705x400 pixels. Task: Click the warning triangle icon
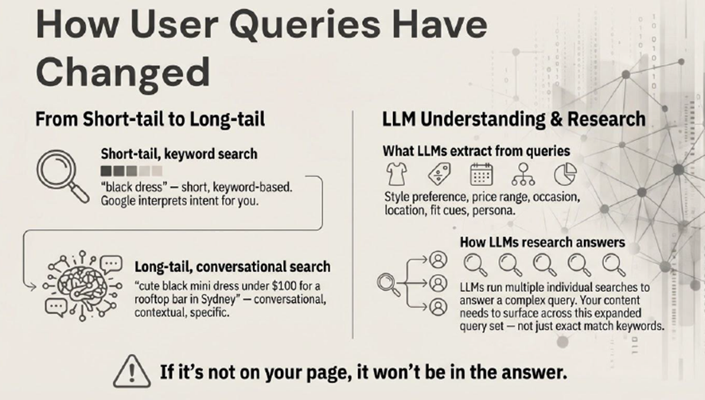132,371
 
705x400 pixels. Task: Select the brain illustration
82,285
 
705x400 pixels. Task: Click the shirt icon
396,174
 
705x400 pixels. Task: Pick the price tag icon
439,174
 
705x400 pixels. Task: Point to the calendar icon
481,174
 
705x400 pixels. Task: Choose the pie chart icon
565,174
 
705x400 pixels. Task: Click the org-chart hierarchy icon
523,174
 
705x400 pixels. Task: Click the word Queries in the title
305,25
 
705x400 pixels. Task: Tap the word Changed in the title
123,72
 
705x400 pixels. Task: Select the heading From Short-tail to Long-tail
150,119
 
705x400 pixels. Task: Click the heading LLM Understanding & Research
514,119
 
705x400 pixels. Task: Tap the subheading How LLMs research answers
542,243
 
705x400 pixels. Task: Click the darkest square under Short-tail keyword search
106,171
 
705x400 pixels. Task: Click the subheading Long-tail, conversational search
232,267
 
